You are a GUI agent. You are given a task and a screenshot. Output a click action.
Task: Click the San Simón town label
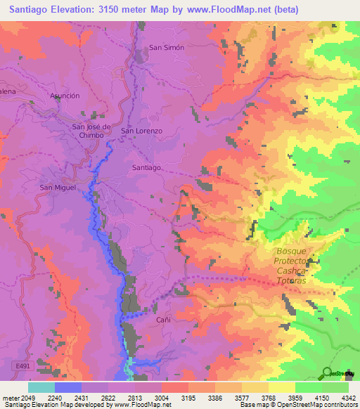point(166,47)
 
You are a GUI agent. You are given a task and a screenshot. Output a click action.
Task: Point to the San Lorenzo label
point(142,131)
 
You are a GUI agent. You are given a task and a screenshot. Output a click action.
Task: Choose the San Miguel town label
point(57,188)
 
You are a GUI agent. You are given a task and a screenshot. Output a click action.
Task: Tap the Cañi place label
point(163,319)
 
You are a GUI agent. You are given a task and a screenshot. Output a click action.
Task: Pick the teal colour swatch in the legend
point(41,387)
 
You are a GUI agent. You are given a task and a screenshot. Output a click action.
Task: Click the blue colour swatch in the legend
point(67,387)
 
